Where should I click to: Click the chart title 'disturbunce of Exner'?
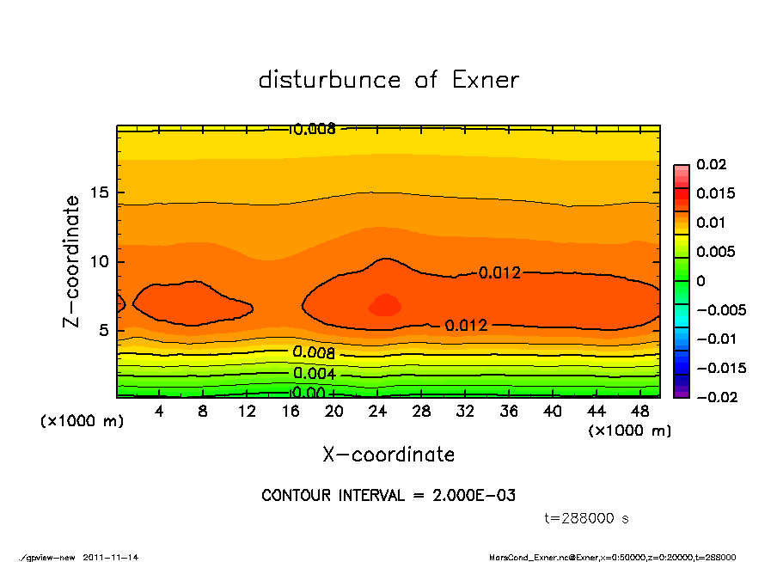(388, 80)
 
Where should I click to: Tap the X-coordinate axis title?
(388, 455)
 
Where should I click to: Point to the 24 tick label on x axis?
(377, 412)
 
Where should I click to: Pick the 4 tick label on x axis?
(159, 412)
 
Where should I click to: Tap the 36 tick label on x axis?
(509, 412)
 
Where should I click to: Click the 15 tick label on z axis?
(100, 192)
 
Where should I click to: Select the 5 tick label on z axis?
(104, 331)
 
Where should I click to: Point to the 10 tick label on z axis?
(100, 262)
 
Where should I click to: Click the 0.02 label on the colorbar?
(712, 164)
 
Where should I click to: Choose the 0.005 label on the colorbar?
(715, 252)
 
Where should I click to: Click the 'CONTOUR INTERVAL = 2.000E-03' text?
(388, 496)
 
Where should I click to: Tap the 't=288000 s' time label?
(587, 518)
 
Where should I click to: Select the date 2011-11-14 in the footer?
(111, 557)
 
